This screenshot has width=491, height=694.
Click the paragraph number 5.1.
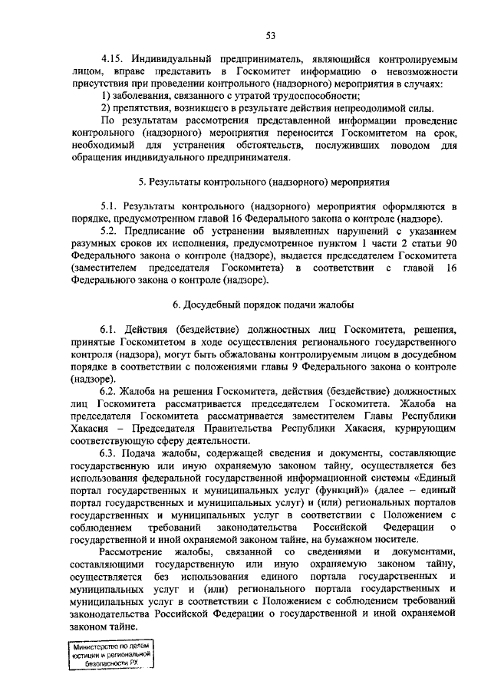111,207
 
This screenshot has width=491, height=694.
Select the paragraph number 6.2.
111,391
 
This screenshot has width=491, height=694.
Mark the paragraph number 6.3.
111,452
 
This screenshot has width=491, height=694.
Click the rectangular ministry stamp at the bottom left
108,657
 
